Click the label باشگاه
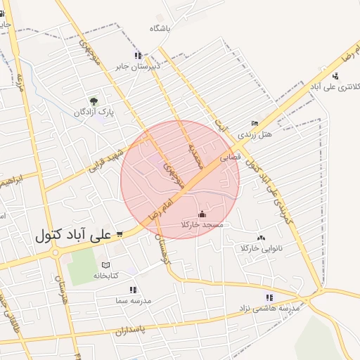[x=160, y=29]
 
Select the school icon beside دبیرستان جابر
[x=139, y=55]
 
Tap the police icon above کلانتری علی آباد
[x=335, y=76]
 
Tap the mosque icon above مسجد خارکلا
[x=202, y=214]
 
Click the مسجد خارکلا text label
[x=202, y=224]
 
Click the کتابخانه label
[x=107, y=275]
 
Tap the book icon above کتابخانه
[x=106, y=264]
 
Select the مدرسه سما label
[x=132, y=300]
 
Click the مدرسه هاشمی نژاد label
[x=270, y=308]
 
